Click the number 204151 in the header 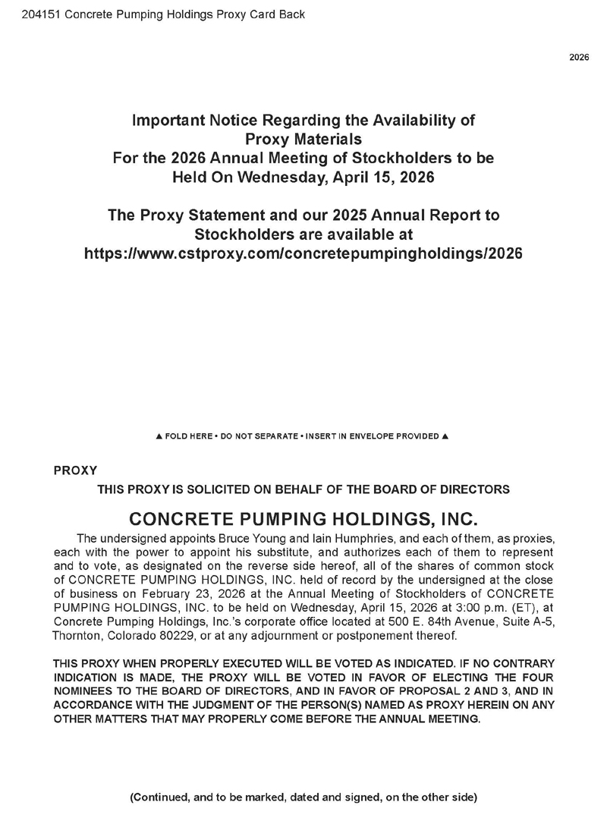pyautogui.click(x=29, y=14)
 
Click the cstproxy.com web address pyautogui.click(x=303, y=253)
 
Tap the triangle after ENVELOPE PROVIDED pyautogui.click(x=445, y=436)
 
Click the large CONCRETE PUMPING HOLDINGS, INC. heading pyautogui.click(x=303, y=520)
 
